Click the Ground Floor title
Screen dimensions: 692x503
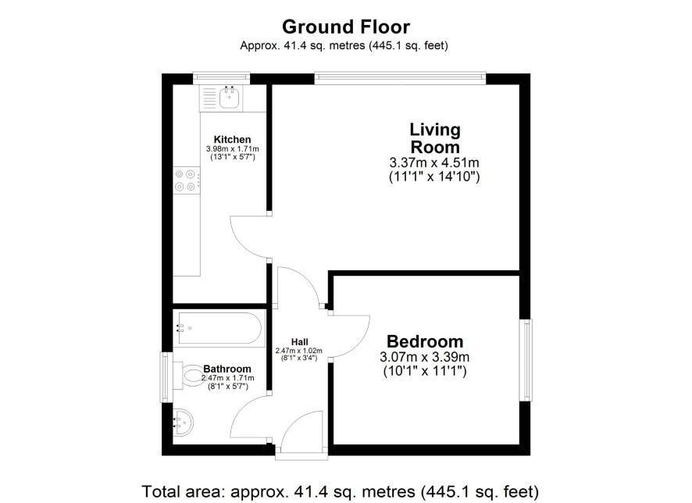click(x=346, y=27)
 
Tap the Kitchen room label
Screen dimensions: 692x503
click(x=232, y=140)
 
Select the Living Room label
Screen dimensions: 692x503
click(x=435, y=138)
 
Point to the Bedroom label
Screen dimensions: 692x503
click(x=425, y=341)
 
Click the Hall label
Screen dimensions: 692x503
click(x=300, y=341)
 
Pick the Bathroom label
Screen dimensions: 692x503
click(x=227, y=369)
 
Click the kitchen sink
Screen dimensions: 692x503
click(x=230, y=98)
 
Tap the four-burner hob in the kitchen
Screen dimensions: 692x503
click(x=185, y=180)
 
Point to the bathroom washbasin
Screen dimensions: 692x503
click(x=183, y=422)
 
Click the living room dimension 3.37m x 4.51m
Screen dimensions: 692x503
click(x=434, y=162)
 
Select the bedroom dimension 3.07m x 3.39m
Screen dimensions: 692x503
click(x=425, y=356)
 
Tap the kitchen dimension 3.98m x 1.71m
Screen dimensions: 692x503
click(x=233, y=149)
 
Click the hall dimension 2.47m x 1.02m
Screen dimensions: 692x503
click(x=299, y=351)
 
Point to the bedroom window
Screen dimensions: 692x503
click(x=526, y=360)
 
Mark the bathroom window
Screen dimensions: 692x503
click(x=166, y=376)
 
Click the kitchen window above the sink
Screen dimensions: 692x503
click(x=222, y=78)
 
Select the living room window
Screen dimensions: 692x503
click(x=401, y=78)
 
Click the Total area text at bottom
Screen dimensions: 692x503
click(x=341, y=491)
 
